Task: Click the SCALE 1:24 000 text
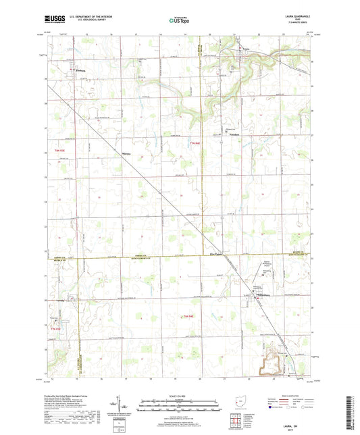pyautogui.click(x=180, y=396)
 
